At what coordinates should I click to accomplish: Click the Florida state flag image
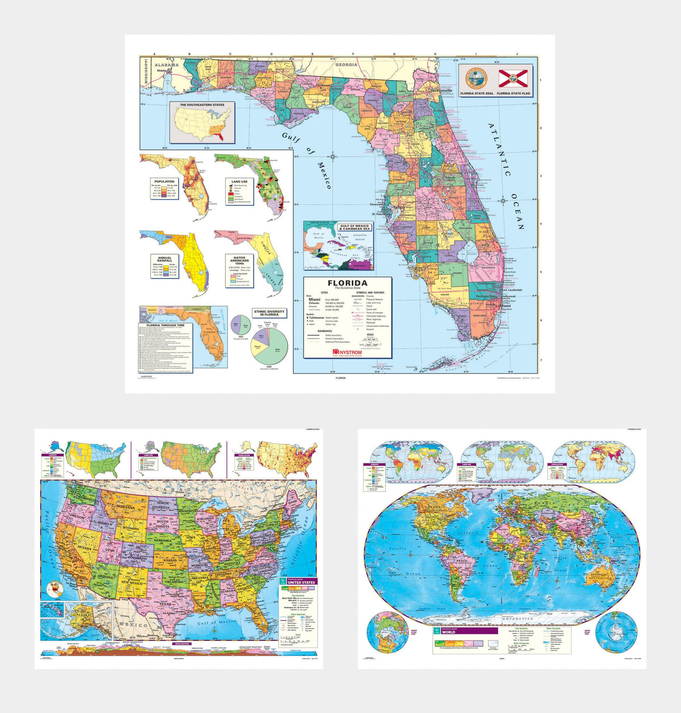pos(513,78)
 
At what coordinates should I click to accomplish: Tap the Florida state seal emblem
pos(476,78)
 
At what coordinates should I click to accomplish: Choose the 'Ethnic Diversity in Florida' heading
pos(269,313)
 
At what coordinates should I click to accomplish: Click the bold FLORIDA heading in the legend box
pos(348,282)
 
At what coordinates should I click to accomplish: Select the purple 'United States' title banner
pos(301,583)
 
